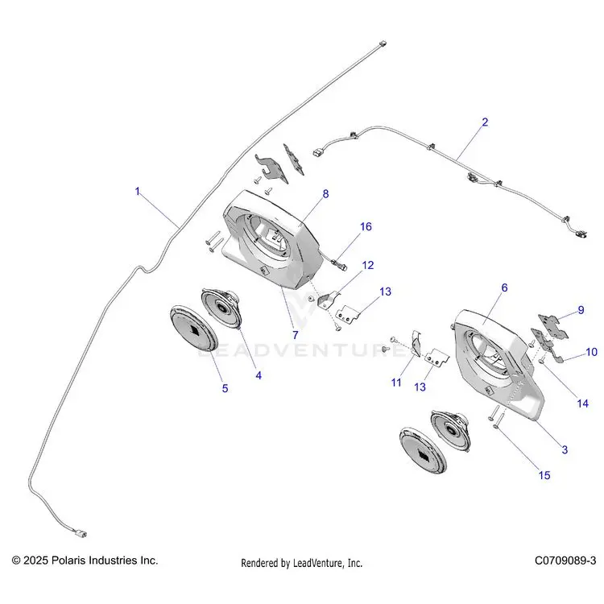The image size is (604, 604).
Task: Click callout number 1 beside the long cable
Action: point(138,191)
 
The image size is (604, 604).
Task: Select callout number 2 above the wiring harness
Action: point(485,122)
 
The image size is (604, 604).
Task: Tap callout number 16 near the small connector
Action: point(366,226)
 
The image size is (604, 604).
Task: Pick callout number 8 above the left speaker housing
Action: point(325,194)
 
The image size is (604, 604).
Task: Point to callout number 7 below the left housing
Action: point(295,335)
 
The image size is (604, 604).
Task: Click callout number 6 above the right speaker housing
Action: point(504,288)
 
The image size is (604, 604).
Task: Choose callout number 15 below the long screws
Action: point(544,475)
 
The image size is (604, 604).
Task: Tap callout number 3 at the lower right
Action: point(565,449)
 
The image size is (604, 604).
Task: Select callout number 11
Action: point(396,383)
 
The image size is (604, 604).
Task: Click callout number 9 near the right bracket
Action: point(581,310)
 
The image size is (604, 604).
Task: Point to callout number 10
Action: point(591,352)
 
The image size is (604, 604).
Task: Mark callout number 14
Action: point(583,403)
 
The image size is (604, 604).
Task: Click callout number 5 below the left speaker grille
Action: point(225,388)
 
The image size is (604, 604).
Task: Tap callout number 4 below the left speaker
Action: point(259,375)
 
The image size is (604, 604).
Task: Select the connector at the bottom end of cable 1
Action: point(81,534)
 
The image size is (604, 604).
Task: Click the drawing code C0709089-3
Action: point(565,561)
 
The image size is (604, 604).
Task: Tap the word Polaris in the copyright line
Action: point(69,561)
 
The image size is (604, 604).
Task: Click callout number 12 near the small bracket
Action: point(368,265)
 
